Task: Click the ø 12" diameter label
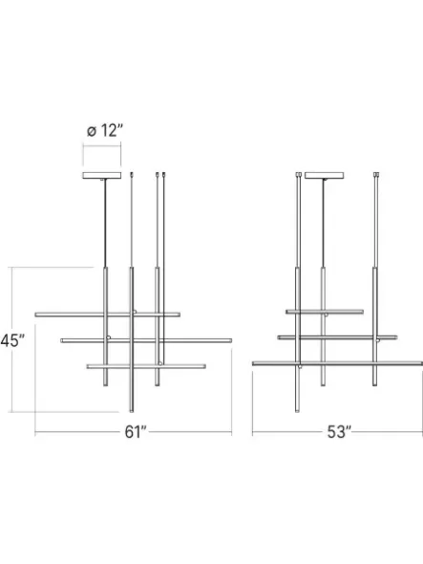(x=105, y=130)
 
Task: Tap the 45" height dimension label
(x=12, y=340)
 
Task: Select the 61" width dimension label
(x=136, y=432)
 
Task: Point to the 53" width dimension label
(x=339, y=432)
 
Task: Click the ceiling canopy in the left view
(x=102, y=176)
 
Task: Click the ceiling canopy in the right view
(x=324, y=176)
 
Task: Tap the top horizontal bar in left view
(x=108, y=315)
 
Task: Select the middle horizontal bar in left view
(x=146, y=340)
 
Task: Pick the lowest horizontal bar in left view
(x=146, y=366)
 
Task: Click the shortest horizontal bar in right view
(x=325, y=312)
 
